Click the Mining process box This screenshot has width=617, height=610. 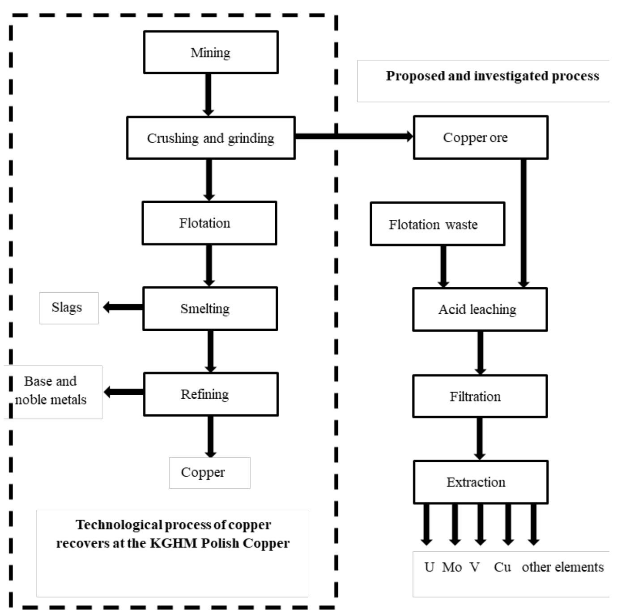click(x=211, y=52)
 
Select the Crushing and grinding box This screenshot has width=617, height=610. click(x=211, y=138)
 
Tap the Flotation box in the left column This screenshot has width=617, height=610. click(x=209, y=223)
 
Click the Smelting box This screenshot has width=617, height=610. click(x=210, y=309)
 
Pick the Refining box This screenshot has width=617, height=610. click(x=211, y=394)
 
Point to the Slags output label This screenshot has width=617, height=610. click(x=68, y=308)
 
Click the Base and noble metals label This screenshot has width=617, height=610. click(x=51, y=391)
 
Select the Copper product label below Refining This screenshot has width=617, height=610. click(x=209, y=473)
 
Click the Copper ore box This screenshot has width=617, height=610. click(x=481, y=137)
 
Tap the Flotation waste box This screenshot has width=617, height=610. click(x=437, y=224)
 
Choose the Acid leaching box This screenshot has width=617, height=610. click(x=480, y=310)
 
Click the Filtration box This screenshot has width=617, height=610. click(x=480, y=397)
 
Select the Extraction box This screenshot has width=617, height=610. click(x=481, y=482)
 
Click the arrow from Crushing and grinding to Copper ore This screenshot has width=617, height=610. click(x=353, y=136)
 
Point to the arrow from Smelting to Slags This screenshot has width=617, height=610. click(x=123, y=307)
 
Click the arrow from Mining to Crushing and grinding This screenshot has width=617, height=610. click(x=208, y=94)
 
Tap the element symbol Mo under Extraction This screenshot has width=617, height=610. click(x=452, y=567)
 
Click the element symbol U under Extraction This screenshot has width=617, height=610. click(x=429, y=567)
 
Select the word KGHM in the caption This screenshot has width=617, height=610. click(x=173, y=543)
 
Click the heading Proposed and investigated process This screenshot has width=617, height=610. click(x=492, y=76)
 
